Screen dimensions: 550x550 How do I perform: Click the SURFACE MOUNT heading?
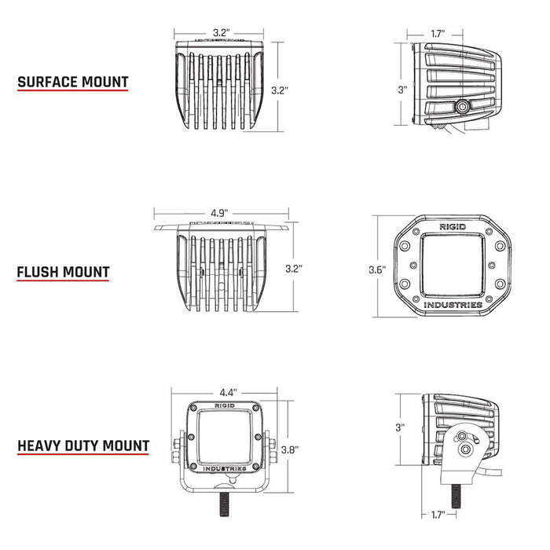coord(72,82)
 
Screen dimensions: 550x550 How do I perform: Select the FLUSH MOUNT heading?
coord(63,273)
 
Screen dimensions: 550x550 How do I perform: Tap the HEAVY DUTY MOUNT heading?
coord(82,446)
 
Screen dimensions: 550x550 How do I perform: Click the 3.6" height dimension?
coord(377,269)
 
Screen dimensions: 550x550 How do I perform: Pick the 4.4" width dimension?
coord(229,391)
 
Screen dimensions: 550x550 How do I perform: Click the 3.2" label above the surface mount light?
coord(221,33)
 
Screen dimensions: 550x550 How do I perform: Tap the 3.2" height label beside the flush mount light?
coord(294,268)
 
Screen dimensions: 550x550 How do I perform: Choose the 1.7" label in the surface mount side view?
coord(438,34)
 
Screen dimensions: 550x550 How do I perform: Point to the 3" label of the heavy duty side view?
coord(401,427)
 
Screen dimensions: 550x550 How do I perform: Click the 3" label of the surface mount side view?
coord(401,90)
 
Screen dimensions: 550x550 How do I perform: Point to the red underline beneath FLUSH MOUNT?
coord(63,284)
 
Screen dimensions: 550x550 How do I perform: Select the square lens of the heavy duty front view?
coord(224,437)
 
